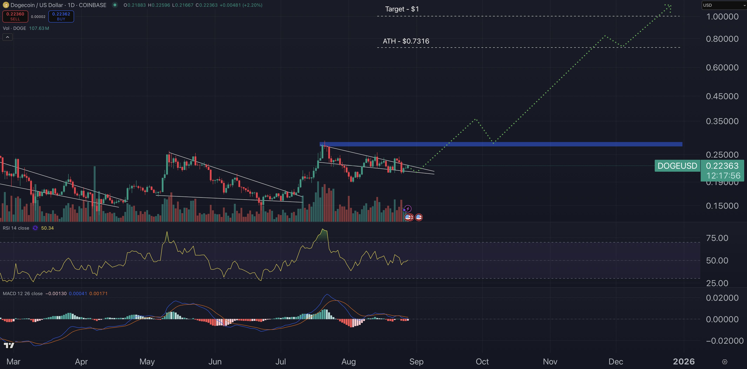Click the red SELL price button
pyautogui.click(x=15, y=16)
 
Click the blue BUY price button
pyautogui.click(x=61, y=16)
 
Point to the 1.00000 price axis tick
pyautogui.click(x=722, y=17)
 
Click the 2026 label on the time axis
pyautogui.click(x=683, y=361)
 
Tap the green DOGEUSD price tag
pyautogui.click(x=677, y=166)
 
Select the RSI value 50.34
pyautogui.click(x=47, y=228)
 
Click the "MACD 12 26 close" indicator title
pyautogui.click(x=23, y=294)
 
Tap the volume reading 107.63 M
pyautogui.click(x=39, y=28)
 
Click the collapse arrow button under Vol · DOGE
pyautogui.click(x=8, y=37)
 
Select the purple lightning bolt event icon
pyautogui.click(x=408, y=209)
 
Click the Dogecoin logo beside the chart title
pyautogui.click(x=5, y=5)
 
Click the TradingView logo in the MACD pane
pyautogui.click(x=9, y=345)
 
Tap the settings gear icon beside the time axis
pyautogui.click(x=724, y=362)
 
